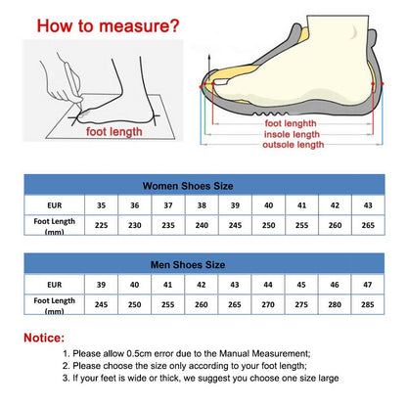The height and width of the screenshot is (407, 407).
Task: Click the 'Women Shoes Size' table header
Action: pos(203,185)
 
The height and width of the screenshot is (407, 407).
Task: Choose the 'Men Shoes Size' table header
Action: pos(203,264)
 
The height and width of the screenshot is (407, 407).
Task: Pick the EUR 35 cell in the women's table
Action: pos(102,205)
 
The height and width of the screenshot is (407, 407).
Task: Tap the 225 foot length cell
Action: pos(102,226)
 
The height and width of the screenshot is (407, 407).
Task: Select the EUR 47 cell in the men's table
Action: pos(368,285)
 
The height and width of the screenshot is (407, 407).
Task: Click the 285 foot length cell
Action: pos(368,304)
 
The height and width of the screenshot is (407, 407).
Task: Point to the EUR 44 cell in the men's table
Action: pos(268,285)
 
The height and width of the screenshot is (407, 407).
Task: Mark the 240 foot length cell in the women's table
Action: pos(202,226)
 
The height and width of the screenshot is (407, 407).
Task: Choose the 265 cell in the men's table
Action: pos(235,304)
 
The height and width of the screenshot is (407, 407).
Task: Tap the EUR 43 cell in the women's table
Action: pos(368,205)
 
